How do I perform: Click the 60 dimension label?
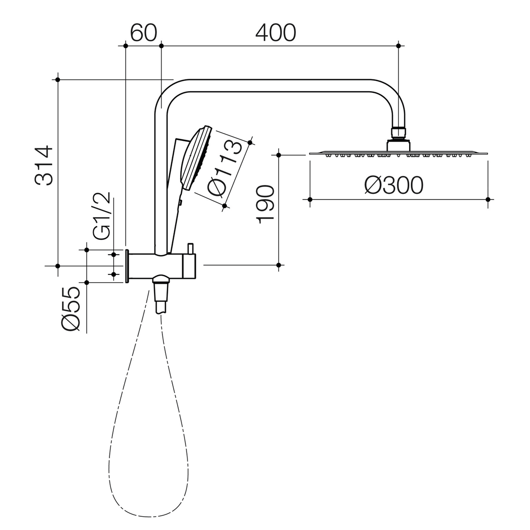point(143,32)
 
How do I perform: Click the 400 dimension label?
point(276,32)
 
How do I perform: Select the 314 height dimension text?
point(44,165)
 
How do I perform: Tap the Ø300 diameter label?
point(394,185)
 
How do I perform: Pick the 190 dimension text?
point(265,205)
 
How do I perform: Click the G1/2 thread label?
point(102,216)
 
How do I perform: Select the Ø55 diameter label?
point(71,309)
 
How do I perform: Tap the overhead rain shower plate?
point(398,154)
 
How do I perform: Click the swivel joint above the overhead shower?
point(398,132)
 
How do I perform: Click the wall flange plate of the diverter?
point(127,266)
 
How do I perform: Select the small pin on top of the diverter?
point(190,248)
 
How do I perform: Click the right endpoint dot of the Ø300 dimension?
point(488,199)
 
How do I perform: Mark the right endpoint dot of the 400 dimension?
point(398,46)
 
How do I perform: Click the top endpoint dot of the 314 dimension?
point(58,79)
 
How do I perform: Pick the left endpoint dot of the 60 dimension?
point(126,46)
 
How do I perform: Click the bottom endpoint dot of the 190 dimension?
point(278,265)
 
